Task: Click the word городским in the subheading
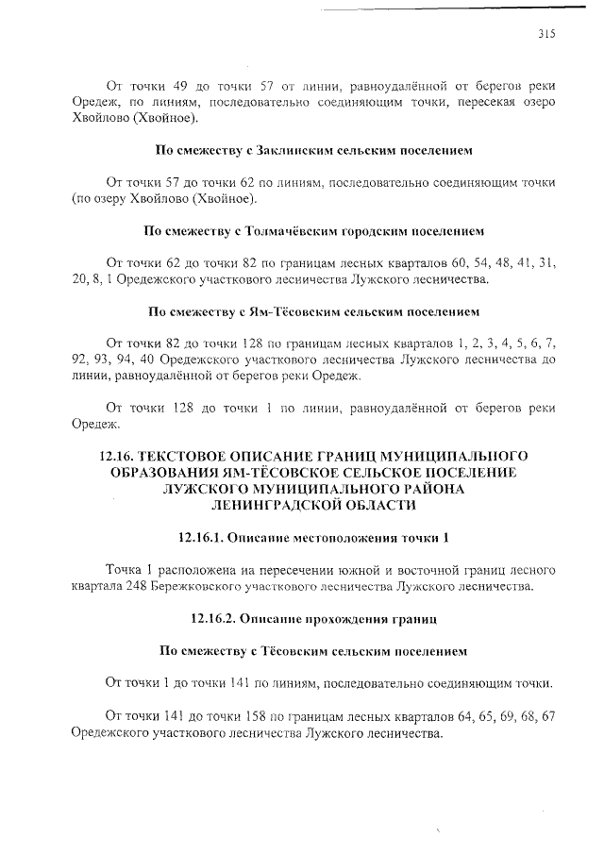pyautogui.click(x=372, y=229)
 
